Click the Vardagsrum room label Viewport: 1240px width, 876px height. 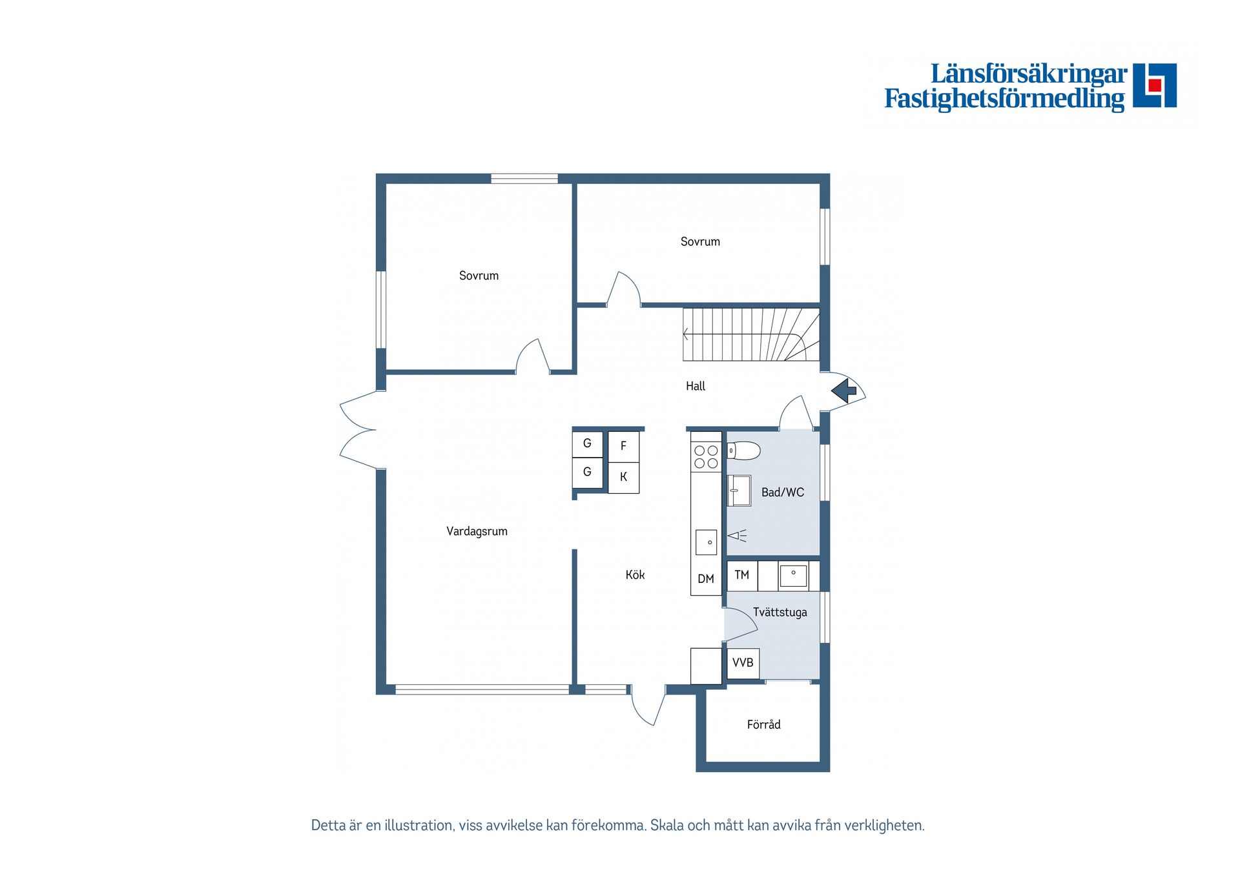pyautogui.click(x=477, y=531)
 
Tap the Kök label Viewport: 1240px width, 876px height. pyautogui.click(x=635, y=575)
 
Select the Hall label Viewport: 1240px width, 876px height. pyautogui.click(x=696, y=386)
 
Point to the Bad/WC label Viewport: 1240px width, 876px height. pyautogui.click(x=783, y=493)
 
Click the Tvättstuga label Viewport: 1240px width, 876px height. pyautogui.click(x=780, y=612)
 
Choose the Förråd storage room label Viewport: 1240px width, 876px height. pyautogui.click(x=763, y=724)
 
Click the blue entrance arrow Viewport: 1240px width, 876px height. pyautogui.click(x=843, y=391)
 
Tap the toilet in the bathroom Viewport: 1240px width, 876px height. pyautogui.click(x=744, y=450)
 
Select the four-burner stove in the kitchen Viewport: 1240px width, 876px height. pyautogui.click(x=706, y=457)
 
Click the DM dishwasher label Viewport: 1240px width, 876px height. pyautogui.click(x=706, y=579)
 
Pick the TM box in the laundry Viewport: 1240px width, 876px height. pyautogui.click(x=742, y=575)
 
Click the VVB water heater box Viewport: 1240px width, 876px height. pyautogui.click(x=743, y=663)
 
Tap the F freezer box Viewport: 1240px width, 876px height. pyautogui.click(x=623, y=446)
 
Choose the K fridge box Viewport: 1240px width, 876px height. pyautogui.click(x=623, y=477)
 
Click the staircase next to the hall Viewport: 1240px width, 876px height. pyautogui.click(x=750, y=334)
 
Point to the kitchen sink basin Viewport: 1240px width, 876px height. pyautogui.click(x=706, y=542)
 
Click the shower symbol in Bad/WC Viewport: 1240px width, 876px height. pyautogui.click(x=737, y=535)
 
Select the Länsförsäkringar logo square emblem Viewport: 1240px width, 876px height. pyautogui.click(x=1155, y=85)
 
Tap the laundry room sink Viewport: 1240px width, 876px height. pyautogui.click(x=793, y=575)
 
